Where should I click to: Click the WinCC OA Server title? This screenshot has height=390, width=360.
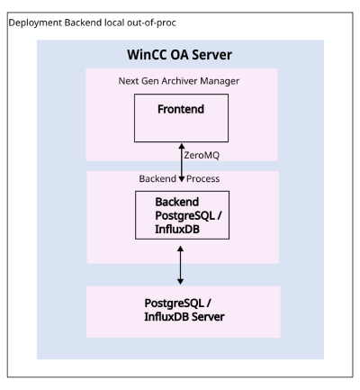pyautogui.click(x=179, y=55)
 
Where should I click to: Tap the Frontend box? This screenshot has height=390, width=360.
pyautogui.click(x=181, y=118)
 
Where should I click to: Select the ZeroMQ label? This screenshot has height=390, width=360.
pyautogui.click(x=202, y=155)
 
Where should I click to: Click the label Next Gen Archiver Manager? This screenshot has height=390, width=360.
pyautogui.click(x=179, y=81)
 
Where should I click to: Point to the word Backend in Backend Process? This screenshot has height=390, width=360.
pyautogui.click(x=157, y=178)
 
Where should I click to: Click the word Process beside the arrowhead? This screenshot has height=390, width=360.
pyautogui.click(x=203, y=178)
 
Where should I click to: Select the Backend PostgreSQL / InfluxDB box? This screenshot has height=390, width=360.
pyautogui.click(x=182, y=215)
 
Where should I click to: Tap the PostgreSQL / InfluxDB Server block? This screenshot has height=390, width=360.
pyautogui.click(x=184, y=312)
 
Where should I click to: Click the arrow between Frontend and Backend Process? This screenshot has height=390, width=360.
pyautogui.click(x=182, y=162)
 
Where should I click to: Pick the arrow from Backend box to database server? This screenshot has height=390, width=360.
pyautogui.click(x=180, y=265)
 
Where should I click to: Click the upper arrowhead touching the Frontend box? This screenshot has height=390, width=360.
pyautogui.click(x=182, y=146)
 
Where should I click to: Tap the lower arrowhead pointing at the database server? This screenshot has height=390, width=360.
pyautogui.click(x=180, y=282)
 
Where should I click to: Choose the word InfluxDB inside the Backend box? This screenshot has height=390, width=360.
pyautogui.click(x=177, y=230)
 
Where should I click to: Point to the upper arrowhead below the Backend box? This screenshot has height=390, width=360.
pyautogui.click(x=180, y=249)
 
